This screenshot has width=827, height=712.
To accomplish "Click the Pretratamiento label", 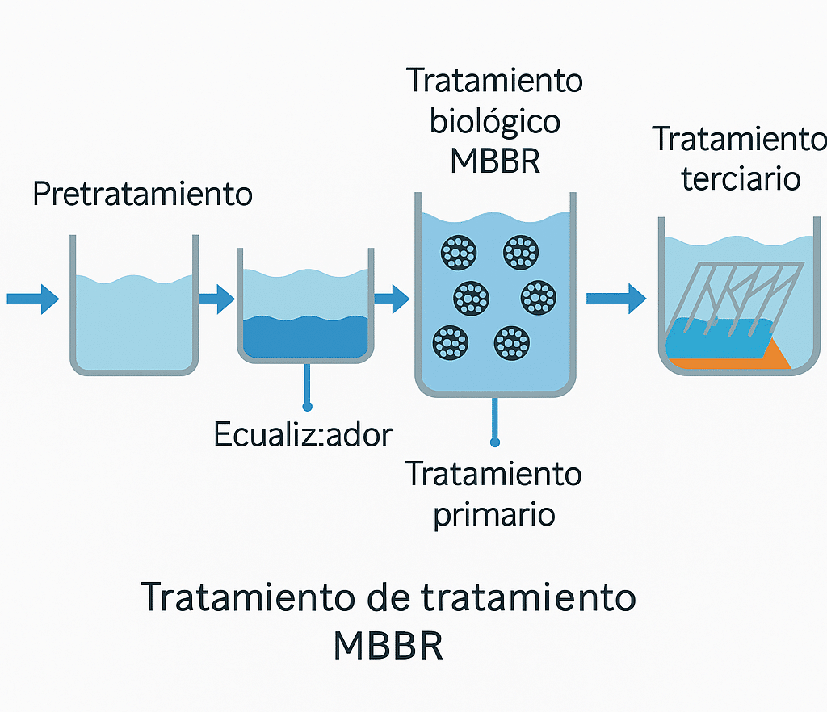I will click(x=142, y=195).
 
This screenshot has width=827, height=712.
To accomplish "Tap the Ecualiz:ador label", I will click(x=303, y=435).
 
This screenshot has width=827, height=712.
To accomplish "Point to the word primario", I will click(x=494, y=514).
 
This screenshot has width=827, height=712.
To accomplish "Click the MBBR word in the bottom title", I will click(x=388, y=646).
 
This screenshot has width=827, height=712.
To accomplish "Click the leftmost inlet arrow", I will click(x=32, y=299).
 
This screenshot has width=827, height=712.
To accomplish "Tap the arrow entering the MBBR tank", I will click(x=392, y=299).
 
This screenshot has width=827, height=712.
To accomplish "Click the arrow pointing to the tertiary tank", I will click(x=615, y=299).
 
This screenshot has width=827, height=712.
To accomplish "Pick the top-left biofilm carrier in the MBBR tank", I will click(x=459, y=253).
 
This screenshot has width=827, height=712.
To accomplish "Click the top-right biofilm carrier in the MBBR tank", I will click(x=521, y=253).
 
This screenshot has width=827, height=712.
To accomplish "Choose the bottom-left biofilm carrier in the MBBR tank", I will click(x=451, y=343).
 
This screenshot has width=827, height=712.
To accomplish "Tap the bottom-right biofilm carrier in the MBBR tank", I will click(x=511, y=343).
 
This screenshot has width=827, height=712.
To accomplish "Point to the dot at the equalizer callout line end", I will click(x=306, y=405).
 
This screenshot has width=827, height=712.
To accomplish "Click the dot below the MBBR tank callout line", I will click(x=495, y=442).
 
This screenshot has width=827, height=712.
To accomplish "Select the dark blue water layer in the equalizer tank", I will click(x=305, y=336).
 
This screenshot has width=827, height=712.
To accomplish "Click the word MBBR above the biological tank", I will click(x=495, y=160).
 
